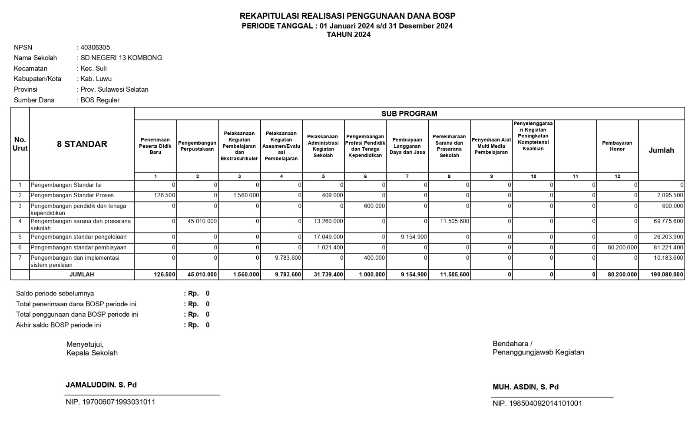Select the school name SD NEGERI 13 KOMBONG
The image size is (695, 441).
click(121, 58)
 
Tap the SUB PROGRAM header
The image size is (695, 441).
click(409, 114)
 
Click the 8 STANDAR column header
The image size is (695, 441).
click(82, 144)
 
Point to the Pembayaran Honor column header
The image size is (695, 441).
click(617, 146)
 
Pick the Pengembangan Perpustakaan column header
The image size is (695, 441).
click(197, 146)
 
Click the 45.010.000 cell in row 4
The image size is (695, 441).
click(202, 221)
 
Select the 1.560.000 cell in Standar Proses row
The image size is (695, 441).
click(246, 196)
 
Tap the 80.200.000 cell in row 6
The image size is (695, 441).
click(623, 248)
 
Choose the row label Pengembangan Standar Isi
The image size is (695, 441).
click(66, 185)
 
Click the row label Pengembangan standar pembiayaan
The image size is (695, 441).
click(78, 248)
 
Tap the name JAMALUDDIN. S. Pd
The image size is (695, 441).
click(101, 385)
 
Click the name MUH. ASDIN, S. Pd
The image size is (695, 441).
click(526, 387)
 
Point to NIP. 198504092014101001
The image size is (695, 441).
click(537, 404)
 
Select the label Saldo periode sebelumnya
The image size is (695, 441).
click(55, 294)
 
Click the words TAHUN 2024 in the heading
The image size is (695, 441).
click(348, 35)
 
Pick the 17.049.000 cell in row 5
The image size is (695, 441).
click(328, 237)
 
